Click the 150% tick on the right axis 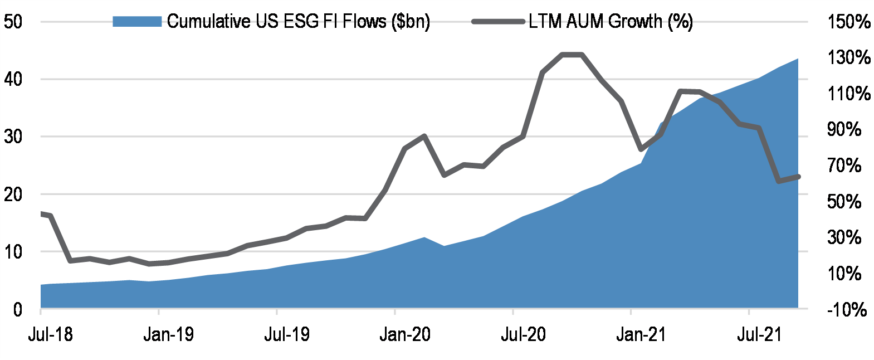[x=848, y=22]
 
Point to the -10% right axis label [x=847, y=309]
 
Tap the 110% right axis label [x=848, y=93]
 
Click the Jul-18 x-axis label [x=50, y=334]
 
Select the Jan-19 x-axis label [x=168, y=334]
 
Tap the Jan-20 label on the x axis [x=405, y=334]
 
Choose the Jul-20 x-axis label [x=523, y=334]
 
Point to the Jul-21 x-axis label [x=759, y=334]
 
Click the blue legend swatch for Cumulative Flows [x=136, y=22]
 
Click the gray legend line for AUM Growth [x=497, y=22]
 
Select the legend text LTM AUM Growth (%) [x=611, y=22]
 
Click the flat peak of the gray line [x=572, y=55]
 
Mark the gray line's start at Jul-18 [x=42, y=213]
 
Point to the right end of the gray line [x=798, y=177]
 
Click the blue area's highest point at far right [x=797, y=59]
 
